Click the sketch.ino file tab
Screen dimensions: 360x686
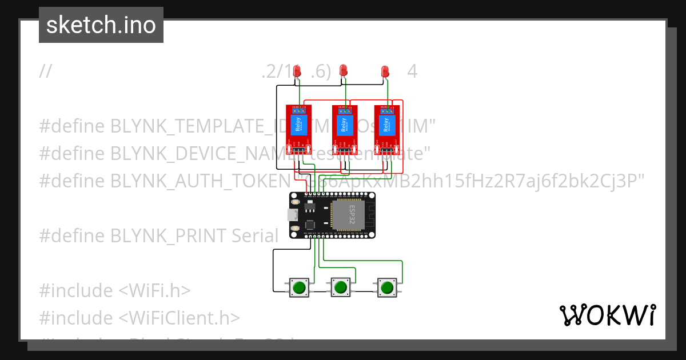101,25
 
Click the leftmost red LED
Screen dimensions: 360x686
297,71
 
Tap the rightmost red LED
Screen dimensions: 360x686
385,72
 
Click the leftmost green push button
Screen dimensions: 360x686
298,287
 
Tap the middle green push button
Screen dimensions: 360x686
341,287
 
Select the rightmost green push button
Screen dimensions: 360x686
387,287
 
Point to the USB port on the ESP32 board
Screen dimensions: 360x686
291,215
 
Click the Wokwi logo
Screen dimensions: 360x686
608,315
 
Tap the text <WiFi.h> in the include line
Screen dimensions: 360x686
154,290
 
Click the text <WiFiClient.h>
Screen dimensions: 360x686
180,318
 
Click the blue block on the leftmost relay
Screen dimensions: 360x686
297,125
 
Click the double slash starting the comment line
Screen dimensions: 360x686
46,71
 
